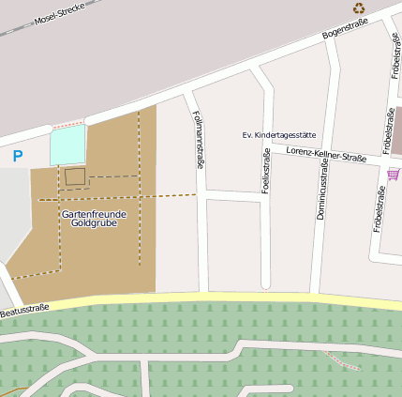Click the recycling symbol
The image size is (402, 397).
(358, 8)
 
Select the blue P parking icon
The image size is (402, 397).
(17, 156)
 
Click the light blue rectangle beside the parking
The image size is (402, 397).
(67, 145)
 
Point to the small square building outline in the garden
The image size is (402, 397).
(74, 176)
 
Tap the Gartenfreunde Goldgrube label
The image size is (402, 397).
(94, 219)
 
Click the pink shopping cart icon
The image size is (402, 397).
(393, 173)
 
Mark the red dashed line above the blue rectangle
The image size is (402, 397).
(67, 124)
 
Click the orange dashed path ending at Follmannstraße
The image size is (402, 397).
(169, 196)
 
